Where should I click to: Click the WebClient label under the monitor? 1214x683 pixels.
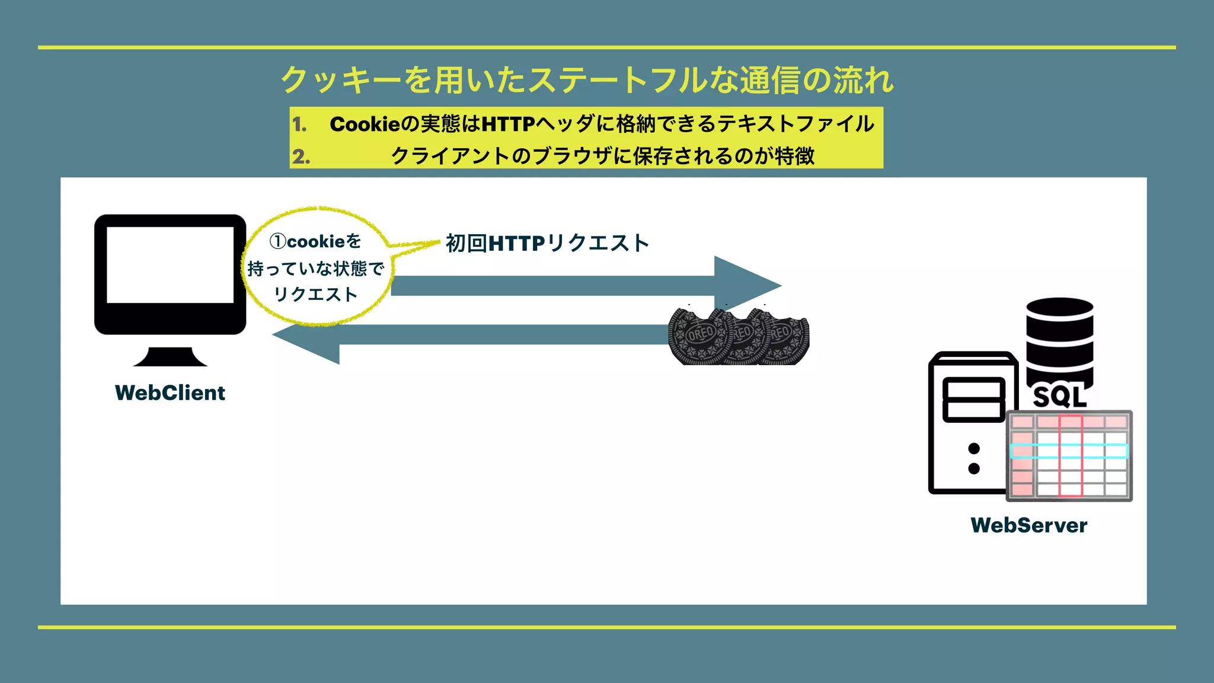(170, 393)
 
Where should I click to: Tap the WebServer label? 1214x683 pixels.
(1028, 525)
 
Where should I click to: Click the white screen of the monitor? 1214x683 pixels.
(170, 264)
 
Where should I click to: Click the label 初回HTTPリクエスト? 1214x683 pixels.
(547, 243)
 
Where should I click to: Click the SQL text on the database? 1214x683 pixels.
(1059, 397)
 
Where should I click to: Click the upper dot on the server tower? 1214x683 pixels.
(973, 448)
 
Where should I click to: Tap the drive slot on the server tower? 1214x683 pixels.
(973, 399)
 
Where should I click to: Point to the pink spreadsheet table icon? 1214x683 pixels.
(1069, 455)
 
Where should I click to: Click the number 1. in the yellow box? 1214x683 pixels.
(299, 125)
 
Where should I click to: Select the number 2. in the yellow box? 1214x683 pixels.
(301, 157)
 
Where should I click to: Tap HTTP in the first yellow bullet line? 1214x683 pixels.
(508, 125)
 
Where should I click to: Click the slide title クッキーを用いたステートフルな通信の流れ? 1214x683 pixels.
(587, 80)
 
